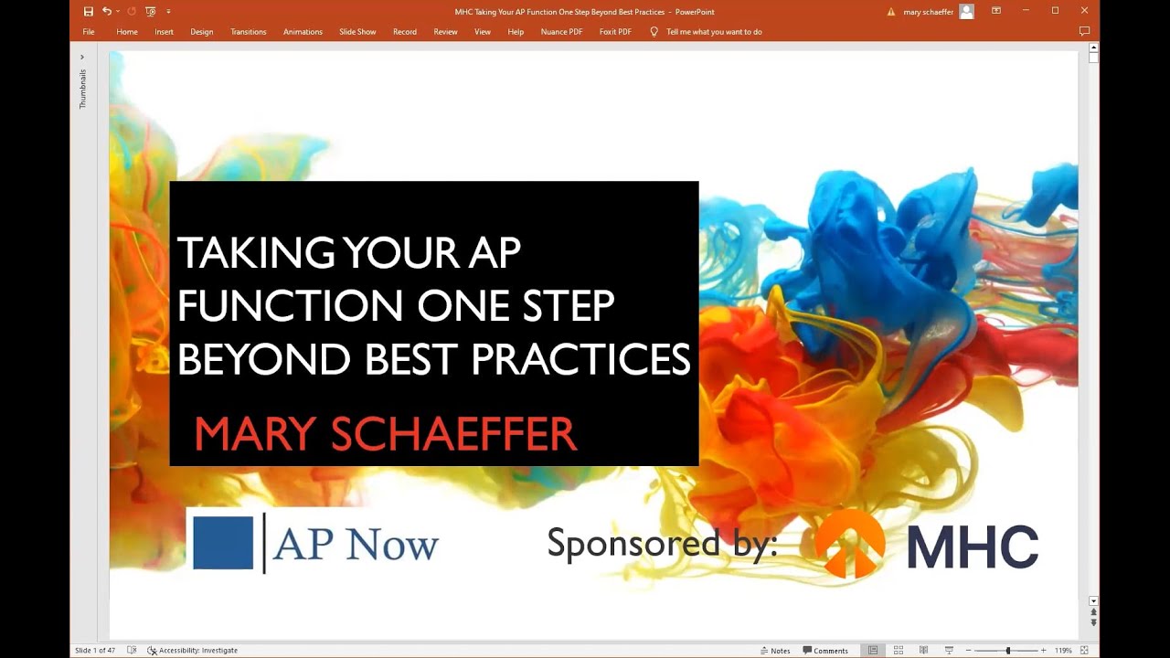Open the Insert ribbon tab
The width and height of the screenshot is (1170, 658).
point(164,32)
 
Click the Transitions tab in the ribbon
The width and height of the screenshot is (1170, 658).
point(248,32)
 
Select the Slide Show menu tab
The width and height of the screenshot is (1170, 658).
point(357,32)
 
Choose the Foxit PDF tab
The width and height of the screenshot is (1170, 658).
point(615,32)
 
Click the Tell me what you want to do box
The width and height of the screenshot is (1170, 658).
point(714,32)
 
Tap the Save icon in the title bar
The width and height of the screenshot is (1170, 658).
point(89,11)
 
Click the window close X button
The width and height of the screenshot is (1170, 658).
point(1084,11)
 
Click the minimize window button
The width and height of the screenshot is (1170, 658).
point(1026,11)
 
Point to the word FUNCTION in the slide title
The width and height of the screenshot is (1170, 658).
point(291,306)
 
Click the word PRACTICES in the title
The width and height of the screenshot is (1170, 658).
point(580,360)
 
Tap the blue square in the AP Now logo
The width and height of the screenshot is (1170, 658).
point(223,543)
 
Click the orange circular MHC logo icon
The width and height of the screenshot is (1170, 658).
point(850,544)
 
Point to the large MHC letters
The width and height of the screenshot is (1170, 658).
point(973,547)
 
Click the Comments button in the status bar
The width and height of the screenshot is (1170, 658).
point(825,651)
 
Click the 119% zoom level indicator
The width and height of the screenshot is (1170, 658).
point(1063,651)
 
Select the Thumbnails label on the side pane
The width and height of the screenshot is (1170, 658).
point(82,90)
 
